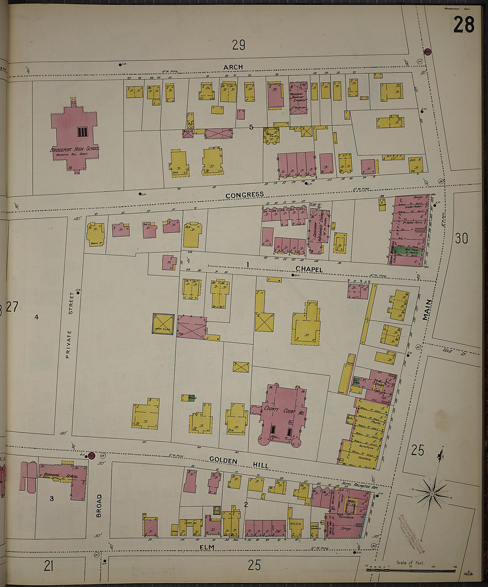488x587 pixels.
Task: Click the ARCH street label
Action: click(x=233, y=67)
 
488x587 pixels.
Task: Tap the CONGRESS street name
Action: click(x=244, y=195)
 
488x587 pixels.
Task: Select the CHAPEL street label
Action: click(x=309, y=269)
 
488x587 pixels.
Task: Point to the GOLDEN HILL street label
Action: click(x=239, y=463)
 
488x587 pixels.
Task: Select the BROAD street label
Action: click(x=99, y=506)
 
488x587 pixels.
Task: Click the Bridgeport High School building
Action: click(x=74, y=136)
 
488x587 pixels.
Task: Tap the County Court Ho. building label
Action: click(x=283, y=411)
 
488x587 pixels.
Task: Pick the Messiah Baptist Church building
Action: click(x=298, y=98)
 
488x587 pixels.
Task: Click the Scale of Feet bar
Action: click(x=410, y=570)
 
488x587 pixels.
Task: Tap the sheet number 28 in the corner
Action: click(x=464, y=24)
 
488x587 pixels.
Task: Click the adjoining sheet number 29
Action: click(x=238, y=45)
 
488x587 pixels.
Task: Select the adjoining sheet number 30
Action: click(x=461, y=239)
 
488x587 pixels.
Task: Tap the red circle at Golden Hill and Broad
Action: click(x=92, y=455)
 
